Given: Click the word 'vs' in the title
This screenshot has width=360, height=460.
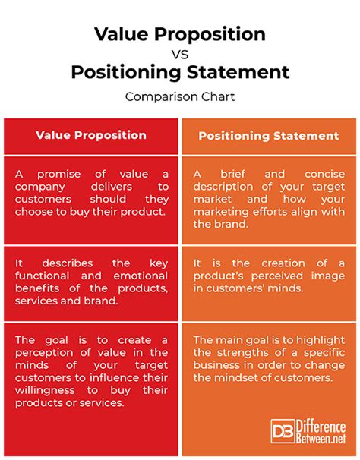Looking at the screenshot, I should (179, 54).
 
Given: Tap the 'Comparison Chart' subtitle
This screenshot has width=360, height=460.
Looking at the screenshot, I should (180, 96).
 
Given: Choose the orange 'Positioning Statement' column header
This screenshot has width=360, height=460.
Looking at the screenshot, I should (269, 136).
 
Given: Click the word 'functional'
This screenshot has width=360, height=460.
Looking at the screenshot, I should (46, 276).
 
